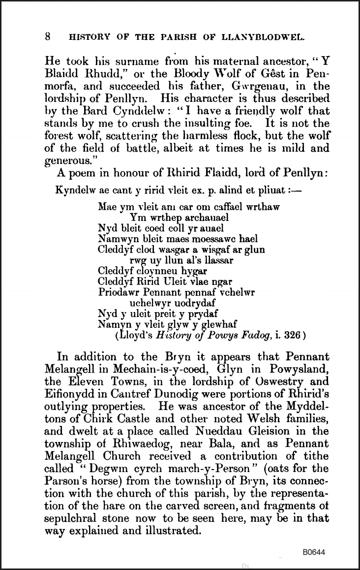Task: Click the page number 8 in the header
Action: coord(48,36)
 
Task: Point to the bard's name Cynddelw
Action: coord(114,113)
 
